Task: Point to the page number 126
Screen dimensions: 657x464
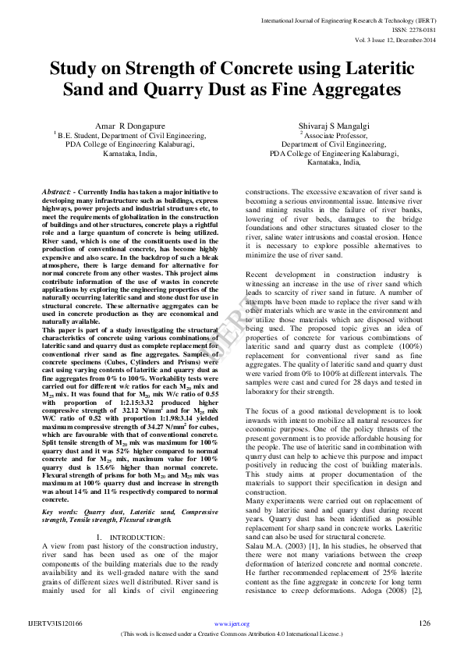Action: (x=425, y=622)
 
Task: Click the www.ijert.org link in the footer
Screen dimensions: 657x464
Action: (x=232, y=623)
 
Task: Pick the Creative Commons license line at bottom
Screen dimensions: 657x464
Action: (x=232, y=634)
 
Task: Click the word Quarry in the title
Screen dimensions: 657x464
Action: (x=151, y=90)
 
